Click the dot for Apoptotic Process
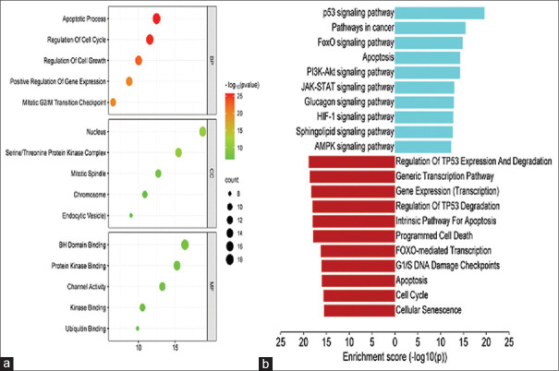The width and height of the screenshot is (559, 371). point(156,18)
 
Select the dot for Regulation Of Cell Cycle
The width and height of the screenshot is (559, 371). point(150,39)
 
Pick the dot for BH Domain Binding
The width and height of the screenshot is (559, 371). point(185,245)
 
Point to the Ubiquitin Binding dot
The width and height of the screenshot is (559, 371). point(138,329)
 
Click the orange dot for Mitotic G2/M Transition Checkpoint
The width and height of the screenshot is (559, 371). point(113,102)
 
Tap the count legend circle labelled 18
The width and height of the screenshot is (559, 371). point(228,261)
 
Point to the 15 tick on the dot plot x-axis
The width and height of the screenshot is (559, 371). point(177,349)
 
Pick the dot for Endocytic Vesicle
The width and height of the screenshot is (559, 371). point(131,215)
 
